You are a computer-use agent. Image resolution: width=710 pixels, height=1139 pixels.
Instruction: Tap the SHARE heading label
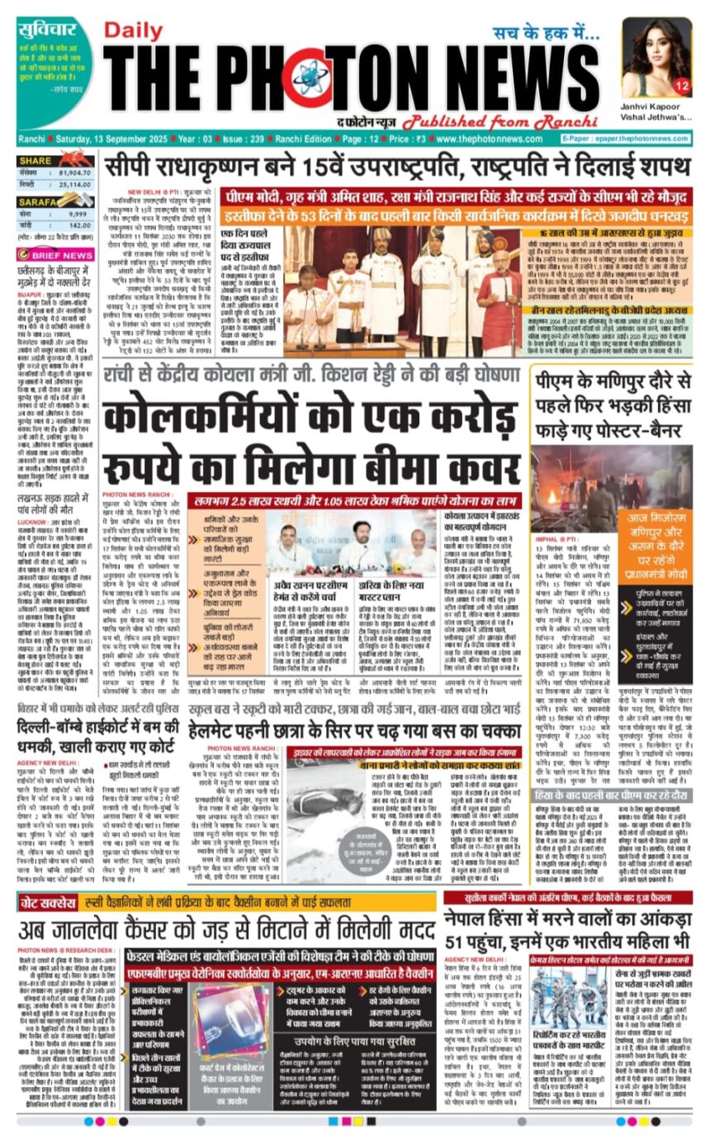coord(36,160)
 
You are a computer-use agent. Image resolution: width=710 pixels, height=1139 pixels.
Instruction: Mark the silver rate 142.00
coord(78,224)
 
